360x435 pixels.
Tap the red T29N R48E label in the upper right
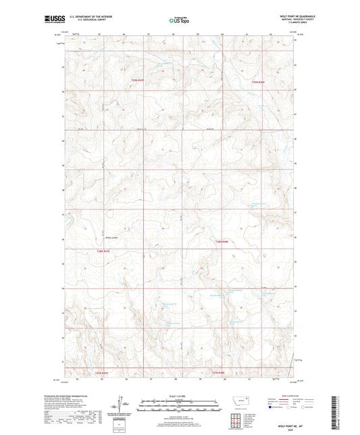pyautogui.click(x=260, y=82)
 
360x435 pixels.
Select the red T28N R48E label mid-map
pyautogui.click(x=223, y=242)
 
